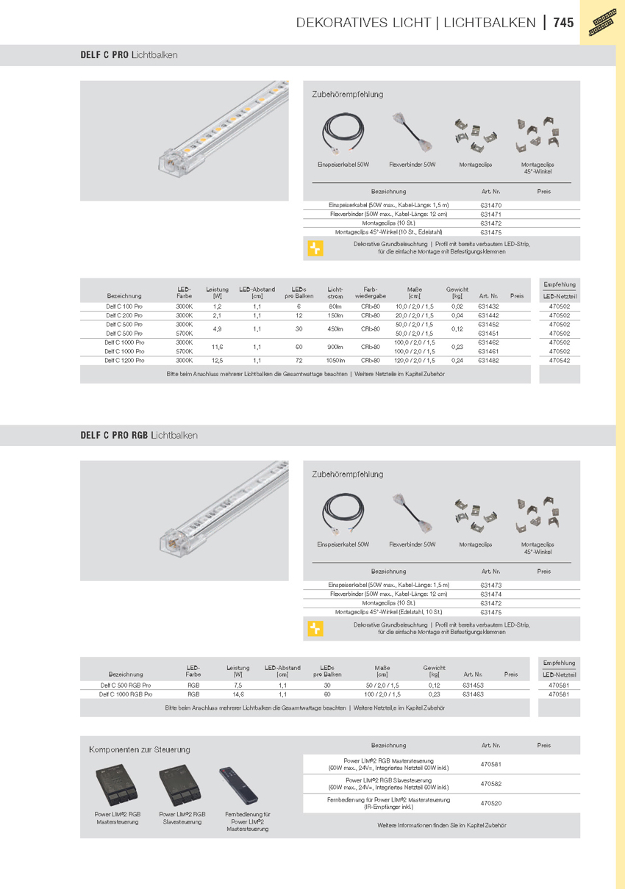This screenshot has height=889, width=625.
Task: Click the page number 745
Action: (x=563, y=23)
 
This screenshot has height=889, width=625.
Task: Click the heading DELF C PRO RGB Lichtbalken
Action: (x=139, y=435)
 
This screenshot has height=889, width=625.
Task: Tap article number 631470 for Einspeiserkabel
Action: (x=490, y=205)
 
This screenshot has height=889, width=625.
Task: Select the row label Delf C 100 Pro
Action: (x=124, y=306)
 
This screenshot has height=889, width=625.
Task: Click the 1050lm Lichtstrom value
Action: (x=335, y=361)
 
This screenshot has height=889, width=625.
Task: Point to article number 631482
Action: (x=488, y=361)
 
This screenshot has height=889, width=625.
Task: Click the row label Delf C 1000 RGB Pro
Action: (x=126, y=694)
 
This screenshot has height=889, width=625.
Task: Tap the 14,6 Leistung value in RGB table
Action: (x=238, y=694)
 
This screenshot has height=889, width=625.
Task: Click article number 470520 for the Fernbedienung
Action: (x=490, y=803)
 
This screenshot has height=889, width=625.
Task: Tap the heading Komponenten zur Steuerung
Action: (x=140, y=749)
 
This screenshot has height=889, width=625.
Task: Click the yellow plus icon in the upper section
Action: (x=315, y=248)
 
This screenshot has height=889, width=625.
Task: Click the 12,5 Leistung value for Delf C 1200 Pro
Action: (x=217, y=361)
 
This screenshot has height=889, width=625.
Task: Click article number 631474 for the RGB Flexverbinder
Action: (x=490, y=594)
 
